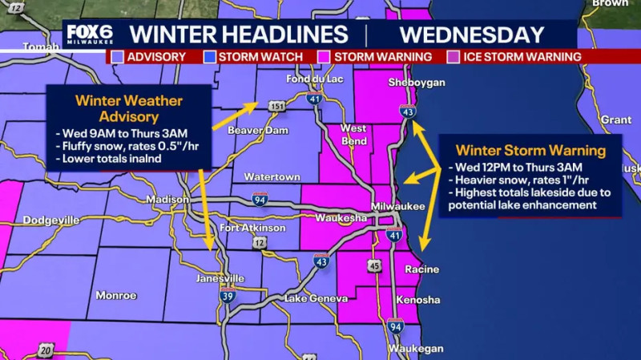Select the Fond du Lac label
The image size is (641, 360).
(309, 79)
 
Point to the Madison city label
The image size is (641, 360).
(167, 200)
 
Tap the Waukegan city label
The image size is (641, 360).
(414, 349)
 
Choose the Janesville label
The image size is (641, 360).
(220, 278)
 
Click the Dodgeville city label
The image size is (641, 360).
(51, 220)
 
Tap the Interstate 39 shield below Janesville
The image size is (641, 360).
(228, 294)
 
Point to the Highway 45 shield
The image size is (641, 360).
(374, 265)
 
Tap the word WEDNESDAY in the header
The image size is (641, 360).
(472, 35)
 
